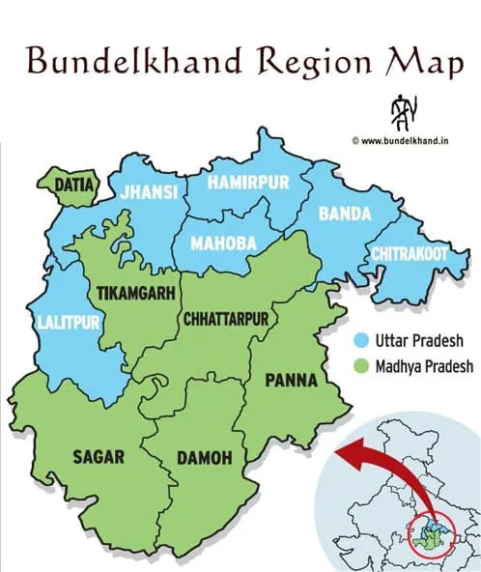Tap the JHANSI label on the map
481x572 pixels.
point(150,193)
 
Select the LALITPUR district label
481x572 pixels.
point(67,323)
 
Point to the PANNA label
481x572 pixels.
point(290,381)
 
